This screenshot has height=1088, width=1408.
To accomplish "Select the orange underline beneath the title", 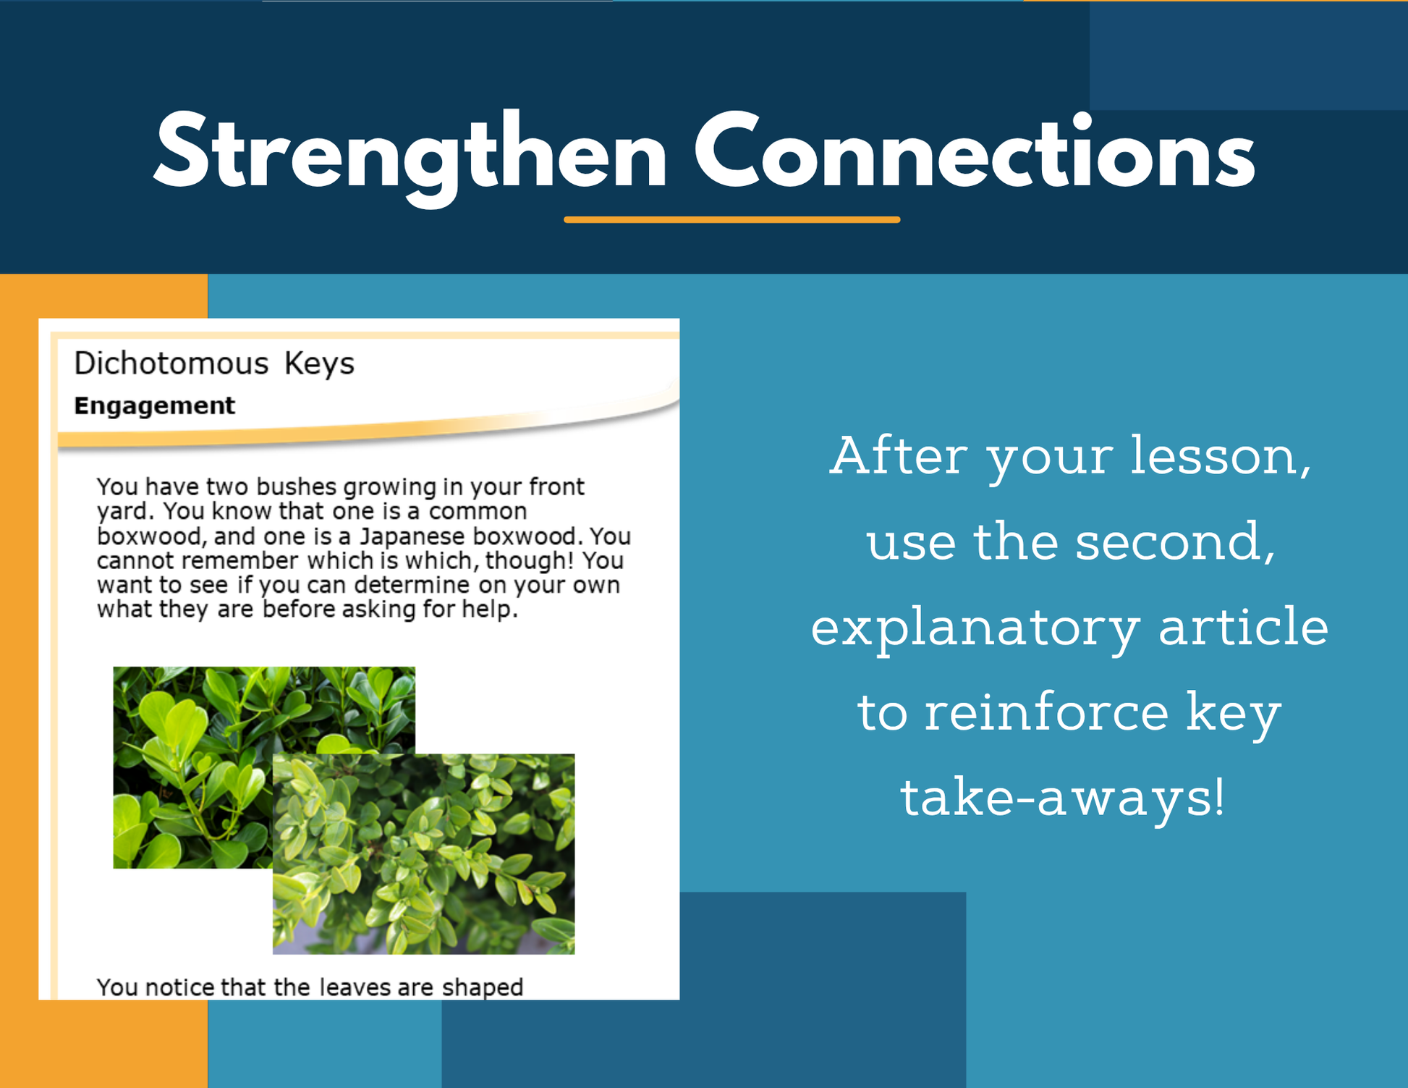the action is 732,219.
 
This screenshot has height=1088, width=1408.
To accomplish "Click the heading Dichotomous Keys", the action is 214,363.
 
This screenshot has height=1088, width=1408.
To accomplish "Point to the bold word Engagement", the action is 155,406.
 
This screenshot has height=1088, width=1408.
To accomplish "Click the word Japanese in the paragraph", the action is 412,536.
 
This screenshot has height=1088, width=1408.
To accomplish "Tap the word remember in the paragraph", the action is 239,561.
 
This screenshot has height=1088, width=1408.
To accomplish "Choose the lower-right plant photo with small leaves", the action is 424,854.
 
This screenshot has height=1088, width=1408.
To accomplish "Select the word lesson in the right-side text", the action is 1221,455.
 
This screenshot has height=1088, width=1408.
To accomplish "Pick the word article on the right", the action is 1244,626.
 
